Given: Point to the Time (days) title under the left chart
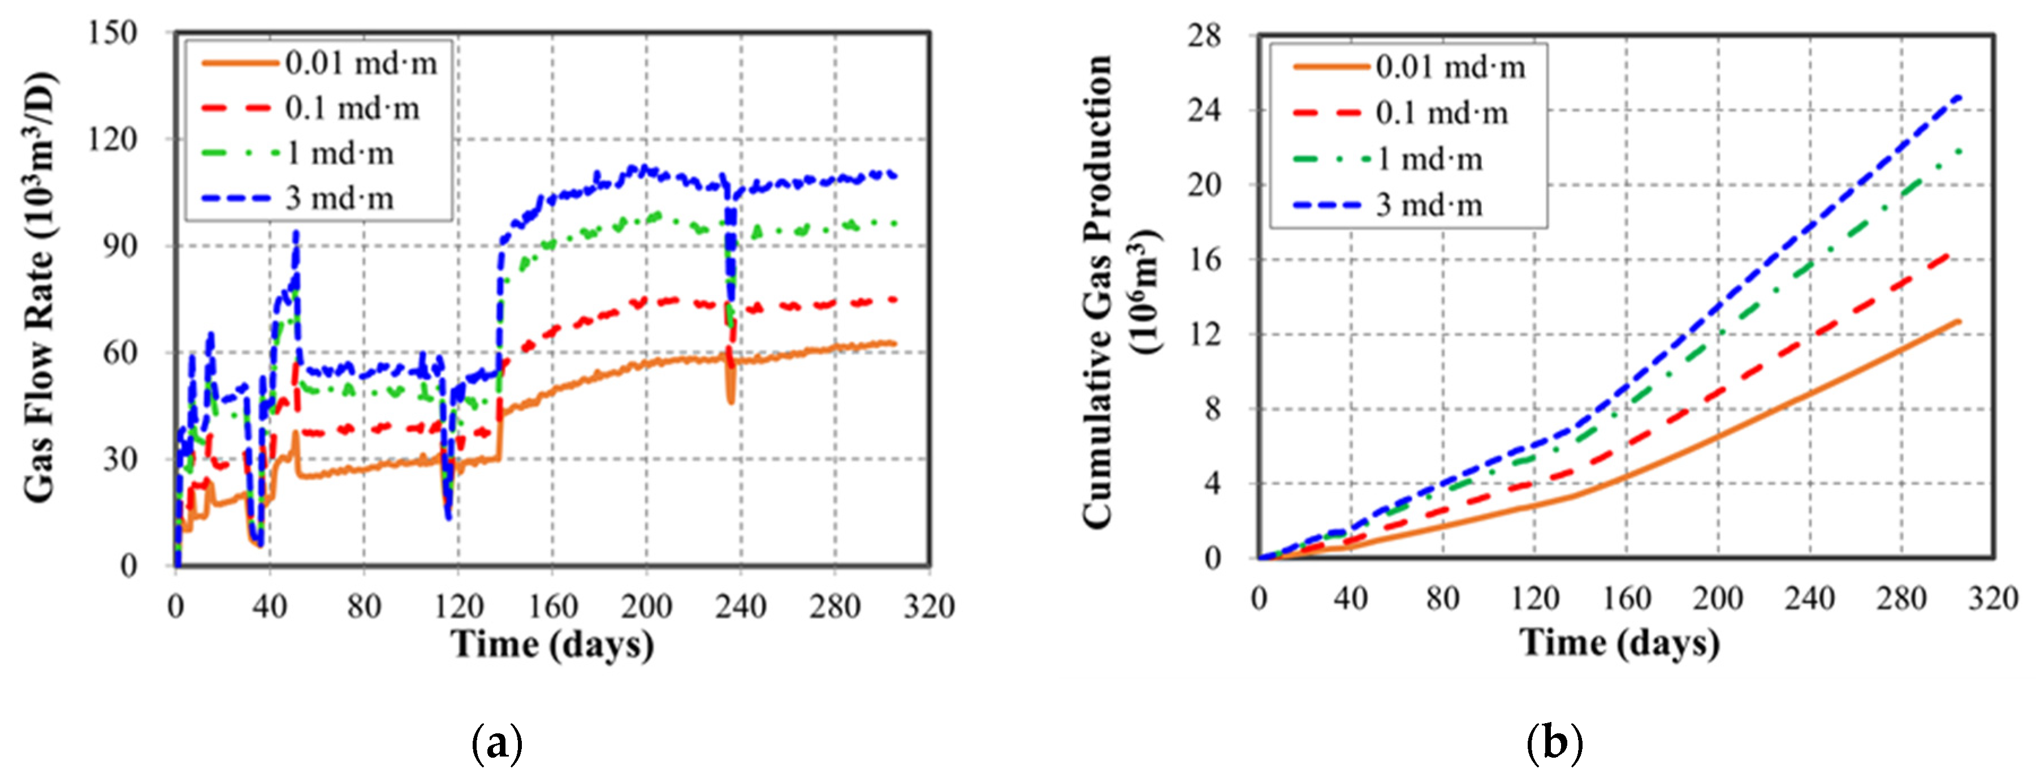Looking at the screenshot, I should click(552, 644).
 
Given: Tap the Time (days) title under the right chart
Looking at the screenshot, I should click(1619, 642).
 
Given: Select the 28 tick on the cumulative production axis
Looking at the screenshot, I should click(1203, 36).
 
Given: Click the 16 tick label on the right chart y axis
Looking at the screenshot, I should click(1204, 259).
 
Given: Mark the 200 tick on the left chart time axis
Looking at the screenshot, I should click(646, 607).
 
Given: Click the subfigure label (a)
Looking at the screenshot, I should click(496, 744).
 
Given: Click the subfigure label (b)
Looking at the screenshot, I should click(1555, 744).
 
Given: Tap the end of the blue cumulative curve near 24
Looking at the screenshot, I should click(1961, 119).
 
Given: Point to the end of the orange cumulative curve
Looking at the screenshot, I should click(1961, 320).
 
